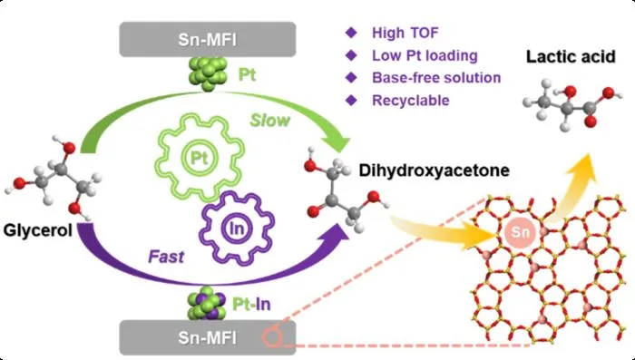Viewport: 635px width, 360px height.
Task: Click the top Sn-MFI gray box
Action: coord(208,39)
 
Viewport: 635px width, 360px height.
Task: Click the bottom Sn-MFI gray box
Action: coord(208,337)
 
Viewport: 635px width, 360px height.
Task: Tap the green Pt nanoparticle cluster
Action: coord(209,73)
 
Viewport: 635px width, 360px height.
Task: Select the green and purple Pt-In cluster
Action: coord(207,303)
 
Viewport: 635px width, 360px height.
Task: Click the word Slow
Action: coord(269,121)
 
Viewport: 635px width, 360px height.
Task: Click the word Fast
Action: coord(166,257)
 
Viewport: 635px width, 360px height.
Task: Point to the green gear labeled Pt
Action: coord(200,158)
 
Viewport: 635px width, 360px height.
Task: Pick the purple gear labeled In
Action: coord(237,229)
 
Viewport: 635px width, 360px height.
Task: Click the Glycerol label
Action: coord(38,230)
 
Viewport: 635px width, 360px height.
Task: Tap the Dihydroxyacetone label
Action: coord(435,170)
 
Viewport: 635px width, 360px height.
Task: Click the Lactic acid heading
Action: coord(571,56)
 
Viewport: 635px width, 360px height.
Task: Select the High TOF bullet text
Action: coord(405,33)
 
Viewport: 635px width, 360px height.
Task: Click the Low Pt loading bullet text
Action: coord(425,55)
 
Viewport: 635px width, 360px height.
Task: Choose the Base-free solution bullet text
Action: coord(436,78)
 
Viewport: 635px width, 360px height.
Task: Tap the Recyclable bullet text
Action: coord(411,100)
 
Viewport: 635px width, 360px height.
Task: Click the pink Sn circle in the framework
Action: coord(521,232)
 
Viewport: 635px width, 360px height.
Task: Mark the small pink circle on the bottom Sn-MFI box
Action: coord(272,337)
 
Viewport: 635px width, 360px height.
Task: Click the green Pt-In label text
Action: coord(251,304)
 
